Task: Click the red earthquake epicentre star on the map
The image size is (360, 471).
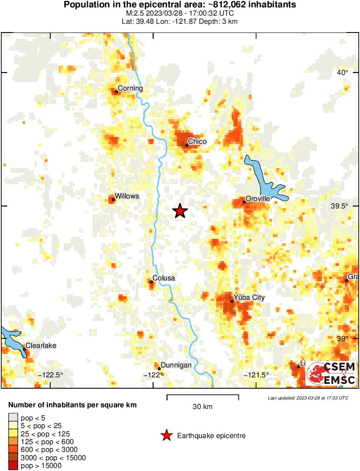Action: tap(180, 211)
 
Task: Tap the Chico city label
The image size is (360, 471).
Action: tap(197, 141)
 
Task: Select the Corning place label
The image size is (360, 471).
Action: tap(130, 88)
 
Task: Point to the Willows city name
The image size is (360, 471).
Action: tap(127, 196)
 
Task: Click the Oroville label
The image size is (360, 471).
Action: tap(258, 198)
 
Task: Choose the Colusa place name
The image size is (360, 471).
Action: tap(164, 278)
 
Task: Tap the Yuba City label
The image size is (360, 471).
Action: tap(249, 298)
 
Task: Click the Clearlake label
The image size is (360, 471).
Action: tap(41, 346)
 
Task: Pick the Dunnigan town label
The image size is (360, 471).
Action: tap(176, 365)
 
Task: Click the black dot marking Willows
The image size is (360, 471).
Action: tap(114, 200)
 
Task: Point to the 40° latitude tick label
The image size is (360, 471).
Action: tap(343, 72)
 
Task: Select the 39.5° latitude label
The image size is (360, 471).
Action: tap(339, 206)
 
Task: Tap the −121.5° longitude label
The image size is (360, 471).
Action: tap(256, 375)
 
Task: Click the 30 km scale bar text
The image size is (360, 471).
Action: tap(202, 407)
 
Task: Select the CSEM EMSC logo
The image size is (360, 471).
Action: tap(331, 374)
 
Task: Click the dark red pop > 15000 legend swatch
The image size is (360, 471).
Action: tap(13, 466)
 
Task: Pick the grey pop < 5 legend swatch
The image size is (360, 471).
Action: tap(13, 418)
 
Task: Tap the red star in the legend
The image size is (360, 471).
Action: tap(166, 436)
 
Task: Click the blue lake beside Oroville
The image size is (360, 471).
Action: tap(264, 180)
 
